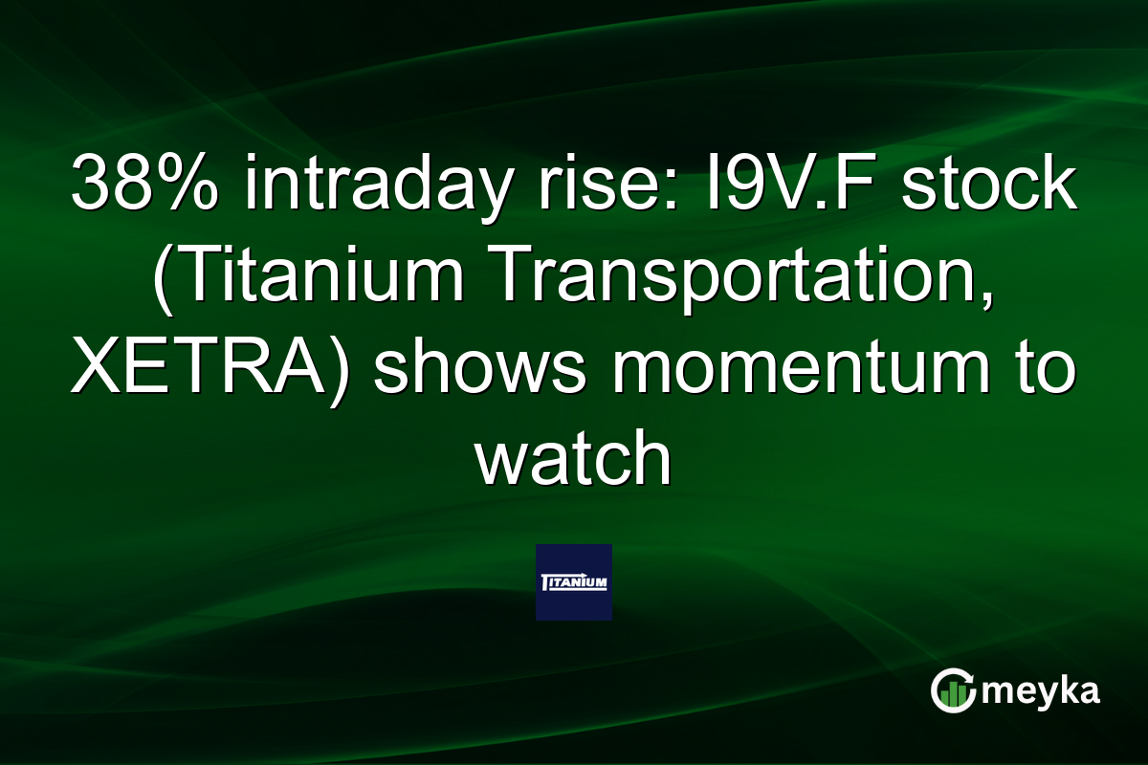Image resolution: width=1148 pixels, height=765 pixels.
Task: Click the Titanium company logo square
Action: [573, 582]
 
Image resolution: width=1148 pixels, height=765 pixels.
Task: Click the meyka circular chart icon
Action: [953, 690]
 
